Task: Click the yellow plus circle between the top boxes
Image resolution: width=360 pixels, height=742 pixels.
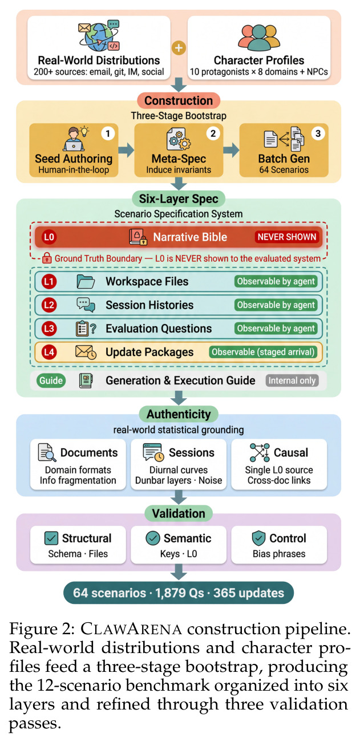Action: tap(179, 48)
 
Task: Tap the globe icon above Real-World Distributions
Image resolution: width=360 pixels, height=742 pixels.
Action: tap(99, 36)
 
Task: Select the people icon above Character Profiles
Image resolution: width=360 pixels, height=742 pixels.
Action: tap(259, 37)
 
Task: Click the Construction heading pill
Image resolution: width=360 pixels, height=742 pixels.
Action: tap(179, 101)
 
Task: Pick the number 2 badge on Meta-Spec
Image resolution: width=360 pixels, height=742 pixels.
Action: tap(213, 133)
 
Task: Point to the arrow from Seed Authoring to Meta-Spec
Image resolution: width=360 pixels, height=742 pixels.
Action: tap(126, 150)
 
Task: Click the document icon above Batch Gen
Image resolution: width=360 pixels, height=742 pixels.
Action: tap(284, 139)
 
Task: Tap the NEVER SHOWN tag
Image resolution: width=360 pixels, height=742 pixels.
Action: tap(287, 237)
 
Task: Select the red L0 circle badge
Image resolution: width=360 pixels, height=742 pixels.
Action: tap(49, 237)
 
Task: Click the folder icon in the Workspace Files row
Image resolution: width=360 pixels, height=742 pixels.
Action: tap(86, 282)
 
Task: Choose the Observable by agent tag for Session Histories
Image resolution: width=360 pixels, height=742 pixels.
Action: tap(276, 305)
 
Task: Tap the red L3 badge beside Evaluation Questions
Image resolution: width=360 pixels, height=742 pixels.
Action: tap(49, 329)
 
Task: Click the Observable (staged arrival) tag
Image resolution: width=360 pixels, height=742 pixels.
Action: tap(263, 352)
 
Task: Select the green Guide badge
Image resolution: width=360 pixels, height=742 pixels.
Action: tap(51, 380)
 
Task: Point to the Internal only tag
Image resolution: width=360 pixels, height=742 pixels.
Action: tap(292, 380)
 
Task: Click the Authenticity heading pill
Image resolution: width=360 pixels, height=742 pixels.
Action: tap(179, 414)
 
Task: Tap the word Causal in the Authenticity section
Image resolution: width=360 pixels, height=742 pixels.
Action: tap(291, 452)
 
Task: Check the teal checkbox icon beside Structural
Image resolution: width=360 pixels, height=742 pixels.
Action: tap(51, 538)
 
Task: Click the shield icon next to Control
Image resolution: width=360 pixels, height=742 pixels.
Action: tap(258, 538)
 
